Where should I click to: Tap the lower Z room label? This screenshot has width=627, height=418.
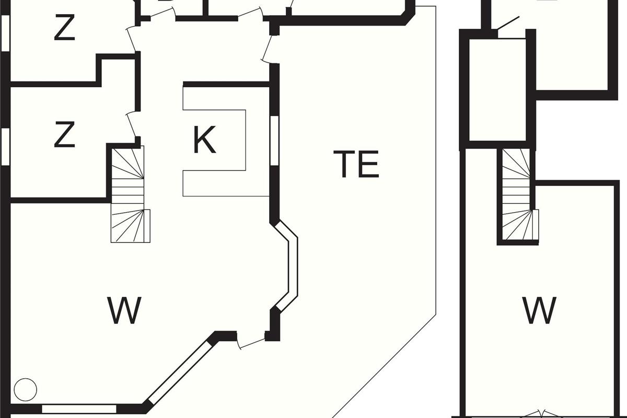[64, 135]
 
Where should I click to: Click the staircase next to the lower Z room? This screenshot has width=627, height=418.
[129, 194]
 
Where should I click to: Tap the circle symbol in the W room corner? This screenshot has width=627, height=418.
[25, 389]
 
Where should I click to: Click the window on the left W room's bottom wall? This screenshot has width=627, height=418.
[78, 408]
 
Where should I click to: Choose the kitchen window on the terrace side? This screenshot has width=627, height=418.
[274, 140]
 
